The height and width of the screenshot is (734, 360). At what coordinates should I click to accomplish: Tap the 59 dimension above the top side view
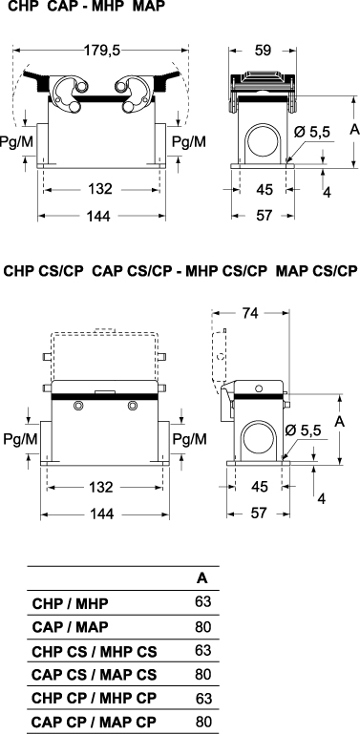(264, 51)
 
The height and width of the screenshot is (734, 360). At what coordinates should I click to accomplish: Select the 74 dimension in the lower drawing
(250, 314)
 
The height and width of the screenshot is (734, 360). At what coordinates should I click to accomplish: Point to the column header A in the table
(201, 578)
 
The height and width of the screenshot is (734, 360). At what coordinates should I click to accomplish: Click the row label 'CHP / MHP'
(70, 603)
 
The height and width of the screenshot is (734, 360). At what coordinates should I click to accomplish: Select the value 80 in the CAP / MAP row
(203, 626)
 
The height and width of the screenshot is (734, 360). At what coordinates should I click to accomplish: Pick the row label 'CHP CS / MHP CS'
(95, 651)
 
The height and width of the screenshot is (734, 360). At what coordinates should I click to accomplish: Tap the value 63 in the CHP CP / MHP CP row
(203, 699)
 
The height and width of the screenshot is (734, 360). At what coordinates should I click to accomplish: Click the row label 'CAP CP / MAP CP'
(94, 722)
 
